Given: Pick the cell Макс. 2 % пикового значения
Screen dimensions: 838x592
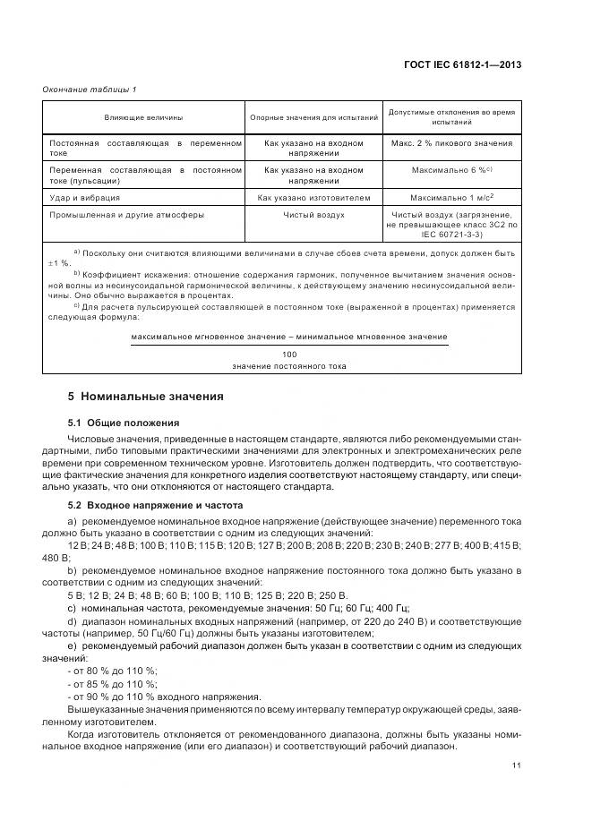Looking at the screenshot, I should [451, 143].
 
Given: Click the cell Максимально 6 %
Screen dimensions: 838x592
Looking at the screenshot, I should [451, 169].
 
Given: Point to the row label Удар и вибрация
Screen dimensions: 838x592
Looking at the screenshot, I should [85, 197].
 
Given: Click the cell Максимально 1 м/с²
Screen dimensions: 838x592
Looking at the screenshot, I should [451, 197].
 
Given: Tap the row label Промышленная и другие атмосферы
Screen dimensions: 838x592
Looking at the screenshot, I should [126, 215].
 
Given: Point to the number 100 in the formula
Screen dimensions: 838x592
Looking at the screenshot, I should [288, 355].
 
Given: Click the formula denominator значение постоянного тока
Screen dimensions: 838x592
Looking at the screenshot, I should [288, 366].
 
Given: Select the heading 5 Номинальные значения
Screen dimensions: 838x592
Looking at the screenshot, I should [146, 396].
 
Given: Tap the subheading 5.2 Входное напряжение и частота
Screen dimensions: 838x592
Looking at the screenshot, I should [155, 506].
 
